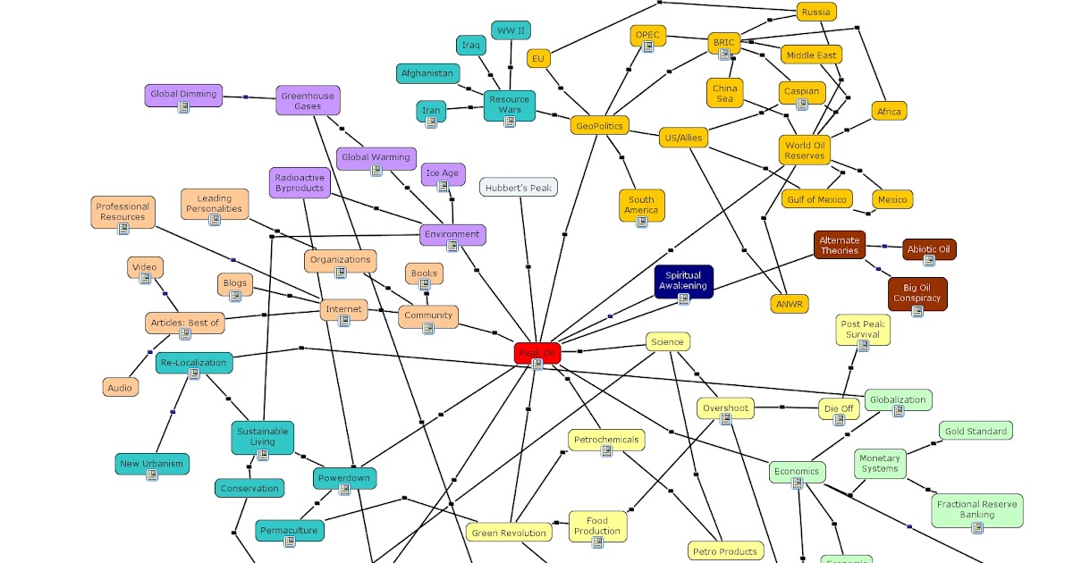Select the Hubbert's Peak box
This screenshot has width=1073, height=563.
point(519,187)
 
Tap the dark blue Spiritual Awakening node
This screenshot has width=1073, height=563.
point(683,281)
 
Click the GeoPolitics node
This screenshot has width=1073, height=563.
point(598,126)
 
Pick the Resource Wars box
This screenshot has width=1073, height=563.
point(509,105)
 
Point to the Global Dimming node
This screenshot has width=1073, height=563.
point(183,96)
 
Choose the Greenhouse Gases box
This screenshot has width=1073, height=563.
point(308,101)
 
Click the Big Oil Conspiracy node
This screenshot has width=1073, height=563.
point(917,294)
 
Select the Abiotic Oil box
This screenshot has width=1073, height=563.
point(929,249)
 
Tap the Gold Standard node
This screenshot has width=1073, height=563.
point(976,431)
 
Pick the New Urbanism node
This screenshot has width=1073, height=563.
point(152,465)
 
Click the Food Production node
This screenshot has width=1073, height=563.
point(597,526)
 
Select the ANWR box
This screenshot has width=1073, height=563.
point(790,304)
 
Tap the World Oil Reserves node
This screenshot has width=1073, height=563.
point(805,150)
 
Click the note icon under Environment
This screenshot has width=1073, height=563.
point(452,247)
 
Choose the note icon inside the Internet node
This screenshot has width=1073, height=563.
point(344,321)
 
